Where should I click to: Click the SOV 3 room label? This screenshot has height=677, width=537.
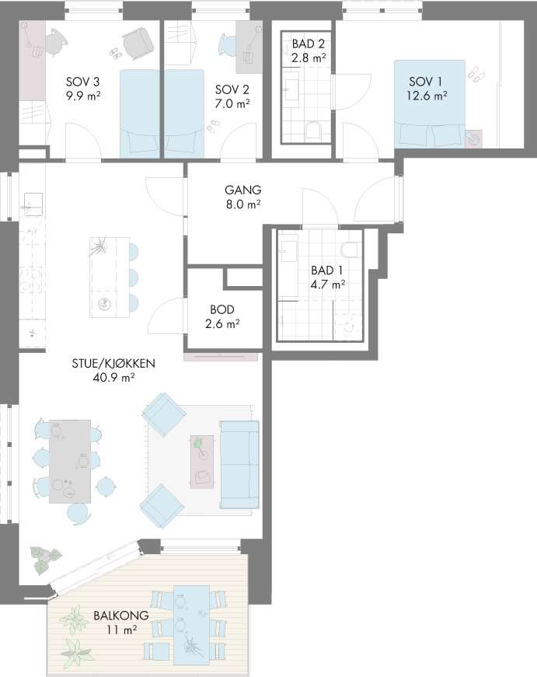click(83, 82)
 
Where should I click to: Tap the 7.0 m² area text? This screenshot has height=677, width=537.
click(232, 103)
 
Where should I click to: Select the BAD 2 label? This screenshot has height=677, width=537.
click(309, 44)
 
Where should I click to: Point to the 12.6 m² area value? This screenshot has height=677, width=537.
click(427, 96)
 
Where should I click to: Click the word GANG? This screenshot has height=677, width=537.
click(243, 190)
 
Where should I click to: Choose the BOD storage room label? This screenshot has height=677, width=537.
click(222, 309)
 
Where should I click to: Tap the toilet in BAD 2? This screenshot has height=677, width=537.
click(313, 130)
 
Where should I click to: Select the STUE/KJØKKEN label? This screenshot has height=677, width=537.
click(113, 364)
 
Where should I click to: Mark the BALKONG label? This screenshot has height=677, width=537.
click(121, 616)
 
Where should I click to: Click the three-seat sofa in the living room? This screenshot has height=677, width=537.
click(239, 465)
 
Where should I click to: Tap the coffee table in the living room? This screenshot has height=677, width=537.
click(202, 462)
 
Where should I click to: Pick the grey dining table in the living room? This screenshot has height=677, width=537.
click(70, 462)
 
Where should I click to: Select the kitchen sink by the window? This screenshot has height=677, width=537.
click(33, 204)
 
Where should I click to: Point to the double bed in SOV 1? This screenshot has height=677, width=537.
click(430, 103)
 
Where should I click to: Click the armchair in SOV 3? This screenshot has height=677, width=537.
click(138, 44)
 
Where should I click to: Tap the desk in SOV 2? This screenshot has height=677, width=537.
click(249, 48)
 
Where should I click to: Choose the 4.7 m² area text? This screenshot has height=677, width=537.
click(328, 284)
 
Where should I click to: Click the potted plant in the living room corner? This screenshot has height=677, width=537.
click(45, 559)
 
